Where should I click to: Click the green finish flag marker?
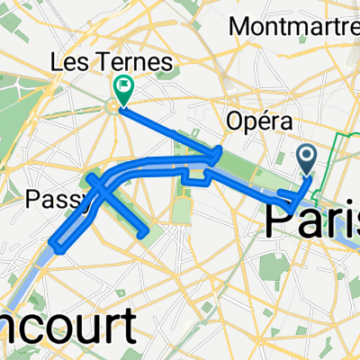[122, 87]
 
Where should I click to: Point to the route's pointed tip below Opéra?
[221, 152]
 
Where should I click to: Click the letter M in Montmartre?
[240, 26]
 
